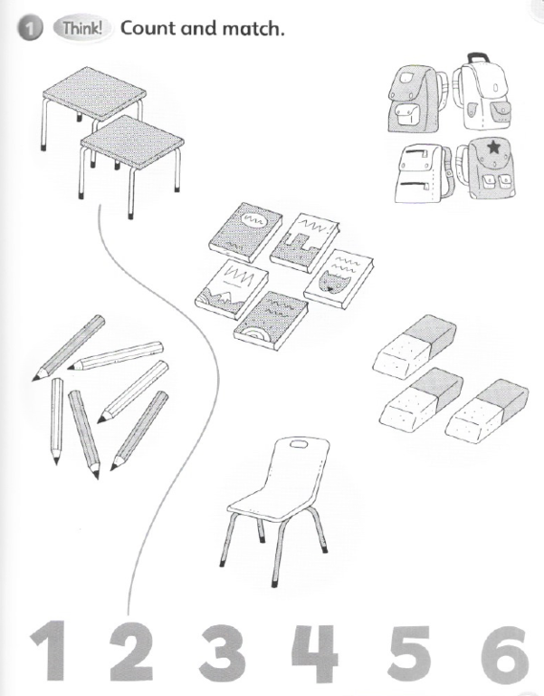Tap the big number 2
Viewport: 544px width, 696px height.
coord(131,652)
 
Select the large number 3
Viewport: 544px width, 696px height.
coord(223,652)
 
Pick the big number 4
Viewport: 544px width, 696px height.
coord(315,653)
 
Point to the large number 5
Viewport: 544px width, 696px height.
coord(409,653)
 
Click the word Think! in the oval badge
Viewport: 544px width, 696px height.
coord(82,28)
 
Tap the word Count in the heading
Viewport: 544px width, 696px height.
coord(148,28)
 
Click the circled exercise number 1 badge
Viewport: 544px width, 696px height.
coord(29,29)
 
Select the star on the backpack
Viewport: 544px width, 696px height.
coord(492,148)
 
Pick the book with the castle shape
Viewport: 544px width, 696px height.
coord(304,241)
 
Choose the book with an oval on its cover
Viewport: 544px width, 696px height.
coord(245,233)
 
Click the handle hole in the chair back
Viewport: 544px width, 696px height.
coord(299,443)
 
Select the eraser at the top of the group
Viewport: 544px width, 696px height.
coord(415,347)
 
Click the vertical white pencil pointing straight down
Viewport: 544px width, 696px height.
coord(56,420)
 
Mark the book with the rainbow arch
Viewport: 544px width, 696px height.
coord(272,321)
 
